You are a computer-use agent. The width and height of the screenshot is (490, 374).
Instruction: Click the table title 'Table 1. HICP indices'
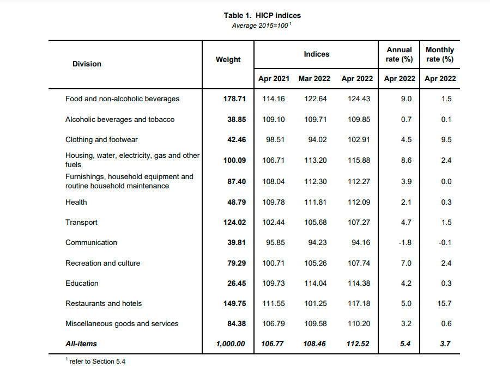[262, 15]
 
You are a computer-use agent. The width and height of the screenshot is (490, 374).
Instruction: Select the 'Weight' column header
[228, 59]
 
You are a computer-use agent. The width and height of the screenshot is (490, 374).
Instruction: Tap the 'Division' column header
[87, 64]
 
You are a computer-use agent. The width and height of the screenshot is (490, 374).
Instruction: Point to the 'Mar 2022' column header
[314, 78]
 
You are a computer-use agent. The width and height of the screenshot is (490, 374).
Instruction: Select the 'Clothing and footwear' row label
[101, 139]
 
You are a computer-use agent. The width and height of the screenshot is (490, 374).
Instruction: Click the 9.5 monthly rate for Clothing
[446, 139]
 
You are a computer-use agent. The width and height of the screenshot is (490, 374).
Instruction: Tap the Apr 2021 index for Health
[273, 202]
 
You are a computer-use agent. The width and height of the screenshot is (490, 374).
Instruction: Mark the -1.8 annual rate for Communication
[406, 242]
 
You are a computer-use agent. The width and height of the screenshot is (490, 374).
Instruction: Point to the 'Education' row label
[82, 283]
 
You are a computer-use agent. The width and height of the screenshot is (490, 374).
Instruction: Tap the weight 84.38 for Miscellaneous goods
[237, 323]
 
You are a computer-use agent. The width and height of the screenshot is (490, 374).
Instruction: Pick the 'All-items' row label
[81, 344]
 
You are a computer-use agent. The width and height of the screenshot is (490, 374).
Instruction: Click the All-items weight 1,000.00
[231, 344]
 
